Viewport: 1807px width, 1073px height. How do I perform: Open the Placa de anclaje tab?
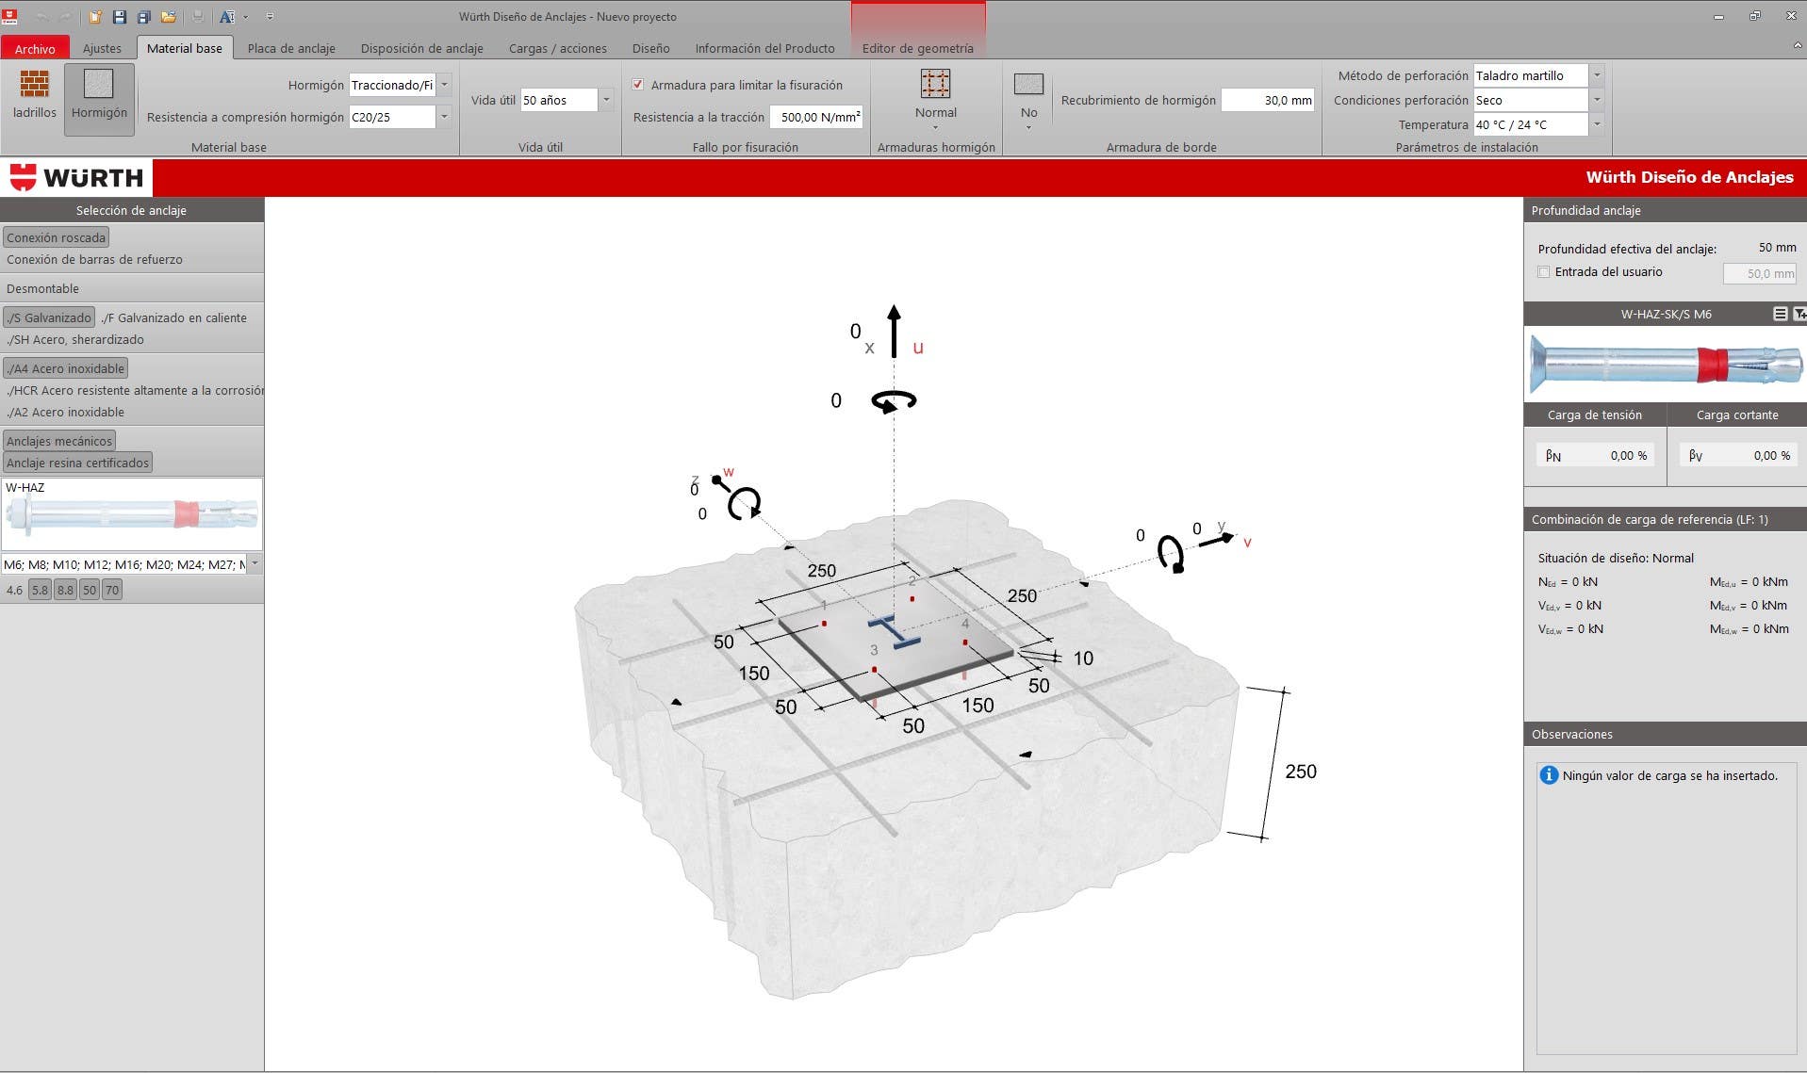click(291, 48)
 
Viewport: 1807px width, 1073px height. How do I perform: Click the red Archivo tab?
click(35, 48)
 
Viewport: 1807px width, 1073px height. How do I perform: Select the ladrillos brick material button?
click(35, 95)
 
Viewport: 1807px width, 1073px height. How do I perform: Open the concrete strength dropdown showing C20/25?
click(400, 117)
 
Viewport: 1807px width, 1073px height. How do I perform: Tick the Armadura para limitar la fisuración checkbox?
click(638, 85)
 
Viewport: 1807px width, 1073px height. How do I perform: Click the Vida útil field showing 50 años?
click(567, 100)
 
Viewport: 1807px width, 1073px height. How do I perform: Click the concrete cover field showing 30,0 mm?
click(1268, 100)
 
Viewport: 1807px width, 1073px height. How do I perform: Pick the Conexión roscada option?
click(57, 237)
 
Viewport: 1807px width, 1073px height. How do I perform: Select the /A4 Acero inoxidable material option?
click(66, 368)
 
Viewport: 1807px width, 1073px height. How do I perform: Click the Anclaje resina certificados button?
click(78, 463)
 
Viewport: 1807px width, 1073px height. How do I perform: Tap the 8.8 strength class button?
click(65, 590)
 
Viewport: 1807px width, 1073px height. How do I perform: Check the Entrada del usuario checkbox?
click(1544, 272)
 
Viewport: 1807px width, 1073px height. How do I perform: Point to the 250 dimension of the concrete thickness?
click(1301, 772)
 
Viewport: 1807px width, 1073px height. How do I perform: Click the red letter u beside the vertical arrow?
click(918, 348)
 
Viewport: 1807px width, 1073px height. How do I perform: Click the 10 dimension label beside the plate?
click(1083, 658)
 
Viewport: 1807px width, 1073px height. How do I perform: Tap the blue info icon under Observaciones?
click(1549, 775)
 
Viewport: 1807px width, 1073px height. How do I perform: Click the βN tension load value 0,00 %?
click(1629, 456)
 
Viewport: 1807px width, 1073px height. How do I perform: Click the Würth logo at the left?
click(76, 177)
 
